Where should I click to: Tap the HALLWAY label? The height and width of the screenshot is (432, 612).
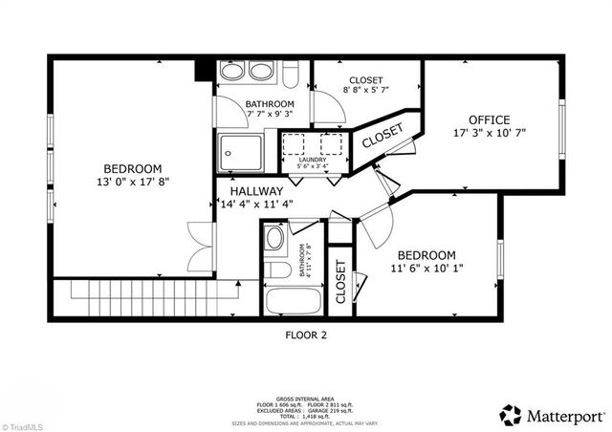point(251,191)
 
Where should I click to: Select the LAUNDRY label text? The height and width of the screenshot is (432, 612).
point(313,161)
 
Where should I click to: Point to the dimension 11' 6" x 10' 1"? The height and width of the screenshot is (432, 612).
point(426,270)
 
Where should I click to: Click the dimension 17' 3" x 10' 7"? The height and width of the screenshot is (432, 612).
point(490,135)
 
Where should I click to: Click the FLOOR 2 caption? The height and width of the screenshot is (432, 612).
point(306,335)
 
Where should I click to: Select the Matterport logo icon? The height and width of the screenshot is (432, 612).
point(512,414)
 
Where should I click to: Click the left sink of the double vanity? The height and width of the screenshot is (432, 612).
point(233,71)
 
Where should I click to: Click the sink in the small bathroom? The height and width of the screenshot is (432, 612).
point(273,238)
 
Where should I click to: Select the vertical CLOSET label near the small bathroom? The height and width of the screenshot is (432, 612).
point(340,282)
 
